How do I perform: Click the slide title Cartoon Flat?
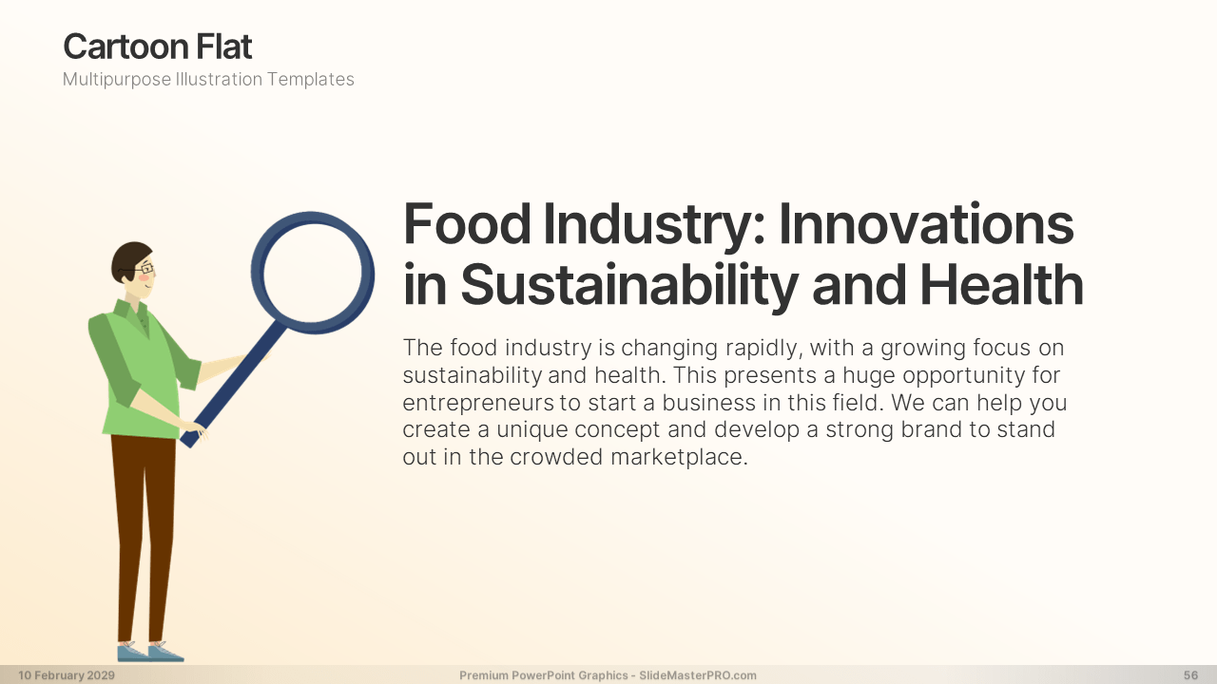click(158, 47)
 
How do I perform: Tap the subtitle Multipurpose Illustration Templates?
click(208, 79)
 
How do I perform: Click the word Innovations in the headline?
click(926, 224)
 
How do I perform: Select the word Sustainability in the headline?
click(629, 284)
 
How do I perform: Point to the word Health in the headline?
click(1002, 284)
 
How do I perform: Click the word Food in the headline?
click(467, 224)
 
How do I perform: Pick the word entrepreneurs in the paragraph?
click(478, 404)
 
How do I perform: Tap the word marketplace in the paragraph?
click(679, 457)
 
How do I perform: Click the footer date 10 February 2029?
click(67, 675)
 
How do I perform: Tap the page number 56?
click(1190, 675)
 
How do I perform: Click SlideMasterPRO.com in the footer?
click(698, 675)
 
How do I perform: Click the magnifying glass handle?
click(233, 385)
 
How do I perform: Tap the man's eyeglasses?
click(143, 269)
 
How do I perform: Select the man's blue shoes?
click(150, 652)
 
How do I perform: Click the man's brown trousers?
click(144, 538)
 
